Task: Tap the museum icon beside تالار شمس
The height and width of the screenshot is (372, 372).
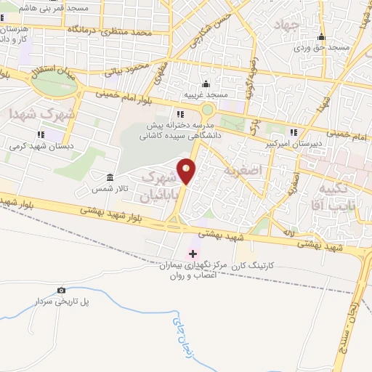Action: click(x=110, y=178)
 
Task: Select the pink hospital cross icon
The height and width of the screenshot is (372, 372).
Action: click(x=193, y=254)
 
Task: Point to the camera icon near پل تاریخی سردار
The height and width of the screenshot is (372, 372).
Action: click(x=61, y=291)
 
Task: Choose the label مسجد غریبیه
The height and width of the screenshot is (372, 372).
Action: click(x=206, y=95)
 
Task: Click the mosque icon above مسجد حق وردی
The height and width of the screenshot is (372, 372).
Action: click(x=321, y=38)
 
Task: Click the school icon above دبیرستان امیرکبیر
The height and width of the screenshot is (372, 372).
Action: click(x=293, y=132)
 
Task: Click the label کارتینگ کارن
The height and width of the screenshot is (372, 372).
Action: click(x=251, y=267)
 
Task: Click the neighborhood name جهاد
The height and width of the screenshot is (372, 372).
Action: click(x=287, y=25)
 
